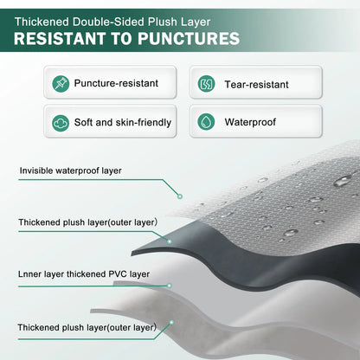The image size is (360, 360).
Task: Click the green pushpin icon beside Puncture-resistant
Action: point(61,85)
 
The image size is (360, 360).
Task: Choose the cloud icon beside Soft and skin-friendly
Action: point(61,122)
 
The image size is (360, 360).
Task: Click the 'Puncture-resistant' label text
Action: point(117,85)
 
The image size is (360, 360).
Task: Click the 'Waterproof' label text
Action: point(250,122)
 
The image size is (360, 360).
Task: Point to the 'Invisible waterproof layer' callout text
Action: point(72,170)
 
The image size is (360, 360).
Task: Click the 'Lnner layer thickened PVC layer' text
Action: point(84,273)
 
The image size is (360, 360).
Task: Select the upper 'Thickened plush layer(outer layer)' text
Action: point(87,222)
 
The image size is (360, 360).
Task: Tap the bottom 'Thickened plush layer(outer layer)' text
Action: point(87,326)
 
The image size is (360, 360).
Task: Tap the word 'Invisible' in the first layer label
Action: point(39,170)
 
